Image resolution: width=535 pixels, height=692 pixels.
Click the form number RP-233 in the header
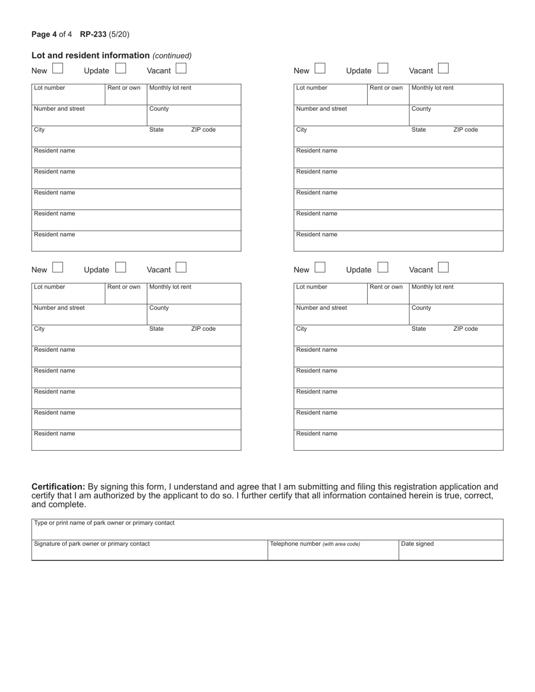(93, 34)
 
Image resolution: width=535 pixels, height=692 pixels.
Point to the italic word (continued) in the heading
(172, 56)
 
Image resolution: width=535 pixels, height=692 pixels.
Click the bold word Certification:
(58, 487)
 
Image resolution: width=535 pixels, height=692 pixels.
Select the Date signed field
(451, 550)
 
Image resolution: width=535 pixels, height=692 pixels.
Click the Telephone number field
(332, 550)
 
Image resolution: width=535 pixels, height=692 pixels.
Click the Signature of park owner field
(149, 550)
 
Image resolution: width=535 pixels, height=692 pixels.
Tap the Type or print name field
(267, 529)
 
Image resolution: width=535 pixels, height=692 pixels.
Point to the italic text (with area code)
(341, 544)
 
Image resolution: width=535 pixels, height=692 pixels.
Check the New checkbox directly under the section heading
(57, 69)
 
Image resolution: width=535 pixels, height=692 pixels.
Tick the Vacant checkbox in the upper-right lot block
(443, 69)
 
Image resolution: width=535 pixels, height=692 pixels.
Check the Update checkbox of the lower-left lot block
(121, 268)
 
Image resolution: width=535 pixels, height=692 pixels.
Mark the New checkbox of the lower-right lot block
(320, 268)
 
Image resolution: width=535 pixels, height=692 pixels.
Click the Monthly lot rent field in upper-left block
(194, 95)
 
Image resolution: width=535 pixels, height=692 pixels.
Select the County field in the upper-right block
(456, 115)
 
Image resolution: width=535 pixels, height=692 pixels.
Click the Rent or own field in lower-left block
(125, 294)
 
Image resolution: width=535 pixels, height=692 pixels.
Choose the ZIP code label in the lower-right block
(465, 329)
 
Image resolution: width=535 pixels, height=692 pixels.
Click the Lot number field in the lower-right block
(330, 294)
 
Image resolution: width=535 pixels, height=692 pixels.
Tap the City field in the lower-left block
(89, 335)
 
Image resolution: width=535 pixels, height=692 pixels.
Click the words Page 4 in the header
(44, 34)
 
